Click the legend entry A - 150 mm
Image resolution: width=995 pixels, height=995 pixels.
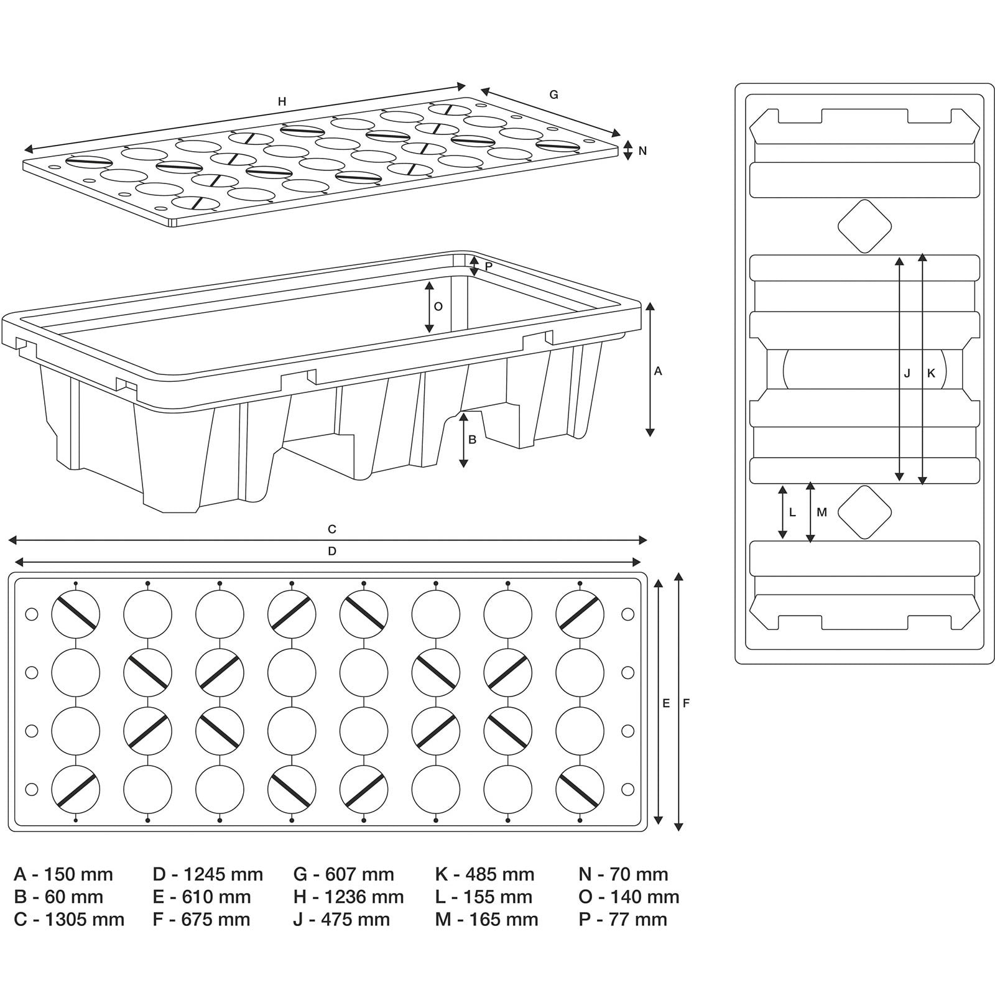pos(63,874)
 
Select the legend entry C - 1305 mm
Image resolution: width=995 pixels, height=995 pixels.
pos(69,919)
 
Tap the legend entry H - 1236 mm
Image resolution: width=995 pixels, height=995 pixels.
pos(348,897)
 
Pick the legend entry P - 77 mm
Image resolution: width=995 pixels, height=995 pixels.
pos(622,919)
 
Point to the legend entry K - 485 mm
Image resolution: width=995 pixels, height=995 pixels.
pos(484,874)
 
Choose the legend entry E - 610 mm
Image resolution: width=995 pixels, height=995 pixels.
pos(201,897)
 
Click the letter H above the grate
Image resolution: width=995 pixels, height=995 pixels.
pos(282,101)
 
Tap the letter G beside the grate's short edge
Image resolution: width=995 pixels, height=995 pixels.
pos(553,95)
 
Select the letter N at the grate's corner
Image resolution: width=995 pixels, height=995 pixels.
pos(642,150)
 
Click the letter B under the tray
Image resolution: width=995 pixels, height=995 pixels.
pos(472,440)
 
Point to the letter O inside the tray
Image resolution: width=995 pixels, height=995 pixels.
pos(438,307)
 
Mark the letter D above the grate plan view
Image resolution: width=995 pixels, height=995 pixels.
pos(332,551)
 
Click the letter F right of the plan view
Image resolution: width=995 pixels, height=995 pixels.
pos(686,703)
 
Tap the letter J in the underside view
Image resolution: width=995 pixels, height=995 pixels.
pos(907,373)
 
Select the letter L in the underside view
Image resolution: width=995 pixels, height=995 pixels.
pos(792,512)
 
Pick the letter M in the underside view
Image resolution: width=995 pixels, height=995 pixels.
pos(821,512)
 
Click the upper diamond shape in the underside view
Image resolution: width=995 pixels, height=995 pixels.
pos(864,226)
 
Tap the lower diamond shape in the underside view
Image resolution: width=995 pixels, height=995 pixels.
pos(864,512)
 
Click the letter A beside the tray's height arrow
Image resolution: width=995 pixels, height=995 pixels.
pos(658,371)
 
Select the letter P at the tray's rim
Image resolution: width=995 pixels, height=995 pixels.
pos(488,266)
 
